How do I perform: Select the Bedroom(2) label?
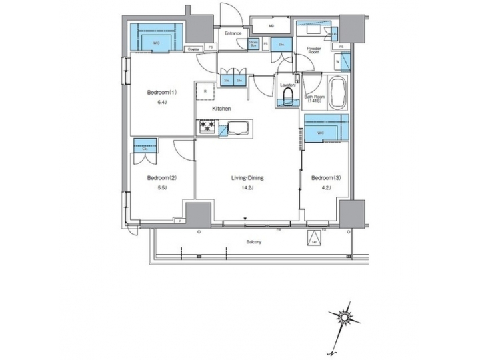pos(161,177)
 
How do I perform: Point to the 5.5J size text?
pos(161,189)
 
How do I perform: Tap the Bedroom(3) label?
pos(326,177)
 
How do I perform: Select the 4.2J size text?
pos(326,189)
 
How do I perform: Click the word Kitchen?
pos(222,108)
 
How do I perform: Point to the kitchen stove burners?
pos(207,127)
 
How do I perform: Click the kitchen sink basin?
pos(238,127)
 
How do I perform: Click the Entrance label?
pos(233,32)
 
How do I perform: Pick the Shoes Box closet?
pos(253,44)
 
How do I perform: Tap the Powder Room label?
pos(314,51)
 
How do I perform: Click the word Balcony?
pos(253,241)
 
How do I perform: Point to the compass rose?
pos(345,313)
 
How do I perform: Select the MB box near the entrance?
pos(271,27)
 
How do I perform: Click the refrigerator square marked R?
pos(205,89)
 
